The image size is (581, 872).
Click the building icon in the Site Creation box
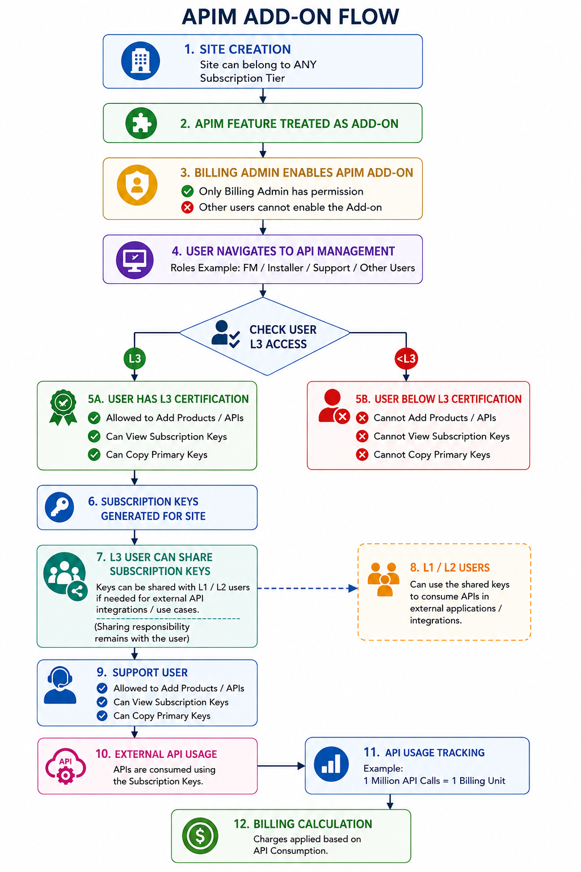[140, 61]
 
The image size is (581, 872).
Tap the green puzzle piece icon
[141, 123]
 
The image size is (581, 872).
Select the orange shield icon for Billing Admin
[137, 185]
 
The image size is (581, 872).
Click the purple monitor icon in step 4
[134, 259]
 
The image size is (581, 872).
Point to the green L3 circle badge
[134, 358]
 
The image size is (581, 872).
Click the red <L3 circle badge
[406, 358]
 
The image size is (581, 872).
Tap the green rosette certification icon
[63, 407]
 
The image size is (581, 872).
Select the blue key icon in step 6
[60, 507]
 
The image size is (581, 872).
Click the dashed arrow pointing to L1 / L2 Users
[308, 588]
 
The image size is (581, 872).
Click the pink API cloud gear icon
[65, 765]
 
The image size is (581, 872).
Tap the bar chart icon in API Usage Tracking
[331, 764]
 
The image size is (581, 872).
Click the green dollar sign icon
[200, 836]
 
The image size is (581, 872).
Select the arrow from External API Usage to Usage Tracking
[281, 766]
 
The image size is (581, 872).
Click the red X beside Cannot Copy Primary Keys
[362, 454]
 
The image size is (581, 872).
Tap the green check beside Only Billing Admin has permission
[187, 191]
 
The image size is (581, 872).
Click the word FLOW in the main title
[368, 16]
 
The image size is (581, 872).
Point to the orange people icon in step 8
[384, 579]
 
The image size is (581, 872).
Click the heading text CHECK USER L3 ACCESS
[283, 337]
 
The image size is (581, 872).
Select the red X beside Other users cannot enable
[187, 207]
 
